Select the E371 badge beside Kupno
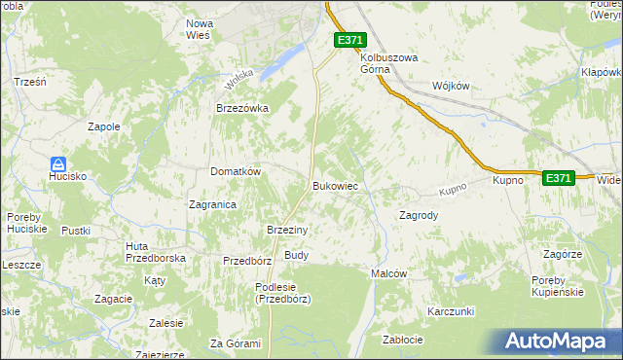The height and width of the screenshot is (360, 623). point(558,178)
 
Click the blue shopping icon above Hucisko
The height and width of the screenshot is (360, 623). point(58,164)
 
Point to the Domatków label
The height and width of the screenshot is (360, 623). point(236,171)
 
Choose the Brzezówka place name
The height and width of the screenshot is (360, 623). point(242,109)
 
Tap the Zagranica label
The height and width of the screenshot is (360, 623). point(213,204)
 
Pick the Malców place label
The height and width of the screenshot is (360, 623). point(388,274)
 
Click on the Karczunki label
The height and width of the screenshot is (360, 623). point(450,311)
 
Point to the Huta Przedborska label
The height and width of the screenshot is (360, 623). point(156,252)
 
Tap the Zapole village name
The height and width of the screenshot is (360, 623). point(104,126)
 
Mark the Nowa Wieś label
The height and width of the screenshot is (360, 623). point(200,29)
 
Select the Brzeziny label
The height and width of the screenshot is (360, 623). point(287,230)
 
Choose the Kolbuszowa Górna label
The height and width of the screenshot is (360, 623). point(388,63)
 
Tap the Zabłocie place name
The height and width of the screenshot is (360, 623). point(402,340)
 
